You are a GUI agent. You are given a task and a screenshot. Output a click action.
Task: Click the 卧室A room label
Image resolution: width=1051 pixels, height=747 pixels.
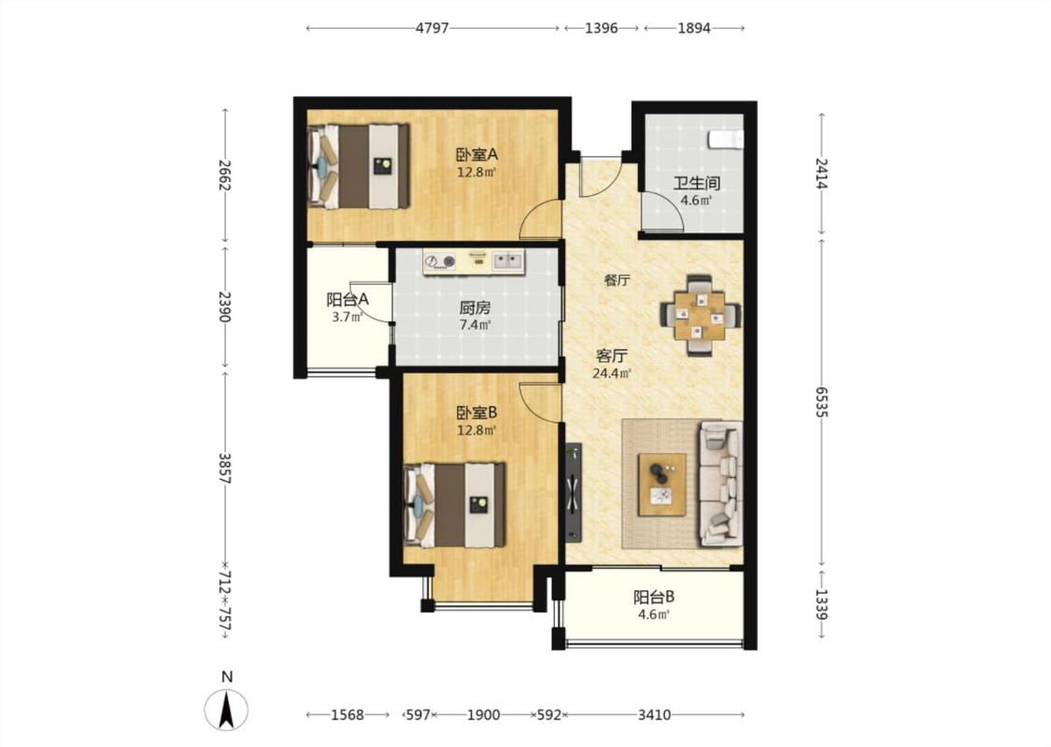(x=476, y=155)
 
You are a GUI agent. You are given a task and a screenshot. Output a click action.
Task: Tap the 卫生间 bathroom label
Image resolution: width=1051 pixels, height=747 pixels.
(x=696, y=183)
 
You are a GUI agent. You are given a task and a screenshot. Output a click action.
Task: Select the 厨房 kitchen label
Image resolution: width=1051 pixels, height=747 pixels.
(x=475, y=308)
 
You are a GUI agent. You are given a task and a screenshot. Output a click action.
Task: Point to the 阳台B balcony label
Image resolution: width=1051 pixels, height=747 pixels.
(x=654, y=597)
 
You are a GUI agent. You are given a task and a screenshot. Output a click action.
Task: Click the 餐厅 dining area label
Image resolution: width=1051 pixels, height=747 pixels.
(x=617, y=280)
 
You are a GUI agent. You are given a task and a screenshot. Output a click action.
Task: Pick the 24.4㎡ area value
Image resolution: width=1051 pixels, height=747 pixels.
(x=612, y=373)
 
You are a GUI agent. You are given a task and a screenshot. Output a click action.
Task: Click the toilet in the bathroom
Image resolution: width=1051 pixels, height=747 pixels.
(x=726, y=139)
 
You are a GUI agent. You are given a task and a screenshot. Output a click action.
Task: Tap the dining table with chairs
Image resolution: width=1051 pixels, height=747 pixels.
(x=701, y=315)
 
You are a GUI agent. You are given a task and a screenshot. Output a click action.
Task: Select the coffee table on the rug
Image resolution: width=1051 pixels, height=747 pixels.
(x=661, y=485)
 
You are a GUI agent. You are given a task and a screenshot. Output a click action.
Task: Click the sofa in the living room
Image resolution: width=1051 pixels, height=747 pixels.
(x=720, y=484)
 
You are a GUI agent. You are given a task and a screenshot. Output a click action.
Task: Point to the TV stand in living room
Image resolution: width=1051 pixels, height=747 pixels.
(x=573, y=492)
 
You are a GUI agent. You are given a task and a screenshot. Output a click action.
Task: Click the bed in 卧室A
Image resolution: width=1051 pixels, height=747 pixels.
(x=359, y=165)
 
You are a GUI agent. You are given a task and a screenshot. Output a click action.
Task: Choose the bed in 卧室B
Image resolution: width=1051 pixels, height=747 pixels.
(x=454, y=504)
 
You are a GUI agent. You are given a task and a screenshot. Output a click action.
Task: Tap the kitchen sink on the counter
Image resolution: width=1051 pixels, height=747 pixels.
(x=507, y=261)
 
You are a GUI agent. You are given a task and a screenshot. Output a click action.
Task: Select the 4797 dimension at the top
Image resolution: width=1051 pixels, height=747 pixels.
(x=432, y=28)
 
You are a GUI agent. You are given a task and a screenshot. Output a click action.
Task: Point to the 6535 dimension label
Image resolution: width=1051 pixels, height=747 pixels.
(x=822, y=402)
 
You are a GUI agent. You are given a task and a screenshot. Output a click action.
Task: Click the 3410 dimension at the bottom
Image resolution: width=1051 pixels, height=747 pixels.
(x=654, y=715)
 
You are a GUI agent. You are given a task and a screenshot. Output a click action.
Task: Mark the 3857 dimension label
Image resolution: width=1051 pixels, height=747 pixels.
(x=225, y=469)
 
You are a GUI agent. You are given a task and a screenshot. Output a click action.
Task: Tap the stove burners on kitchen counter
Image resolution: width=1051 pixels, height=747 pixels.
(x=440, y=261)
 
